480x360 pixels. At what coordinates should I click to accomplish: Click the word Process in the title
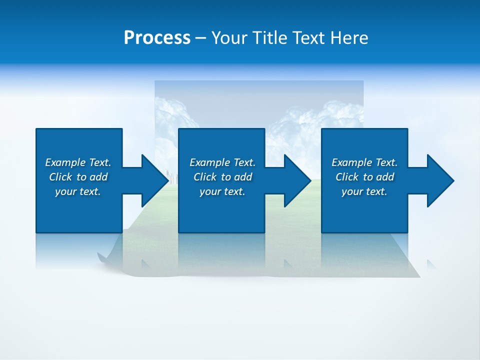pos(157,38)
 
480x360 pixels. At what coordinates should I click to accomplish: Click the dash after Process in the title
pos(200,38)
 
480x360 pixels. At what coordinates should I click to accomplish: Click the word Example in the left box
pos(65,162)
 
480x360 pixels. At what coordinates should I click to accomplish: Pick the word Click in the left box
pos(60,177)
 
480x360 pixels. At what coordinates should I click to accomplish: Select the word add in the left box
pos(98,177)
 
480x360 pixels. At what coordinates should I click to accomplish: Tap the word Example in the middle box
pos(209,162)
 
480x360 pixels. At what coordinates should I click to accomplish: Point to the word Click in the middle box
pos(205,177)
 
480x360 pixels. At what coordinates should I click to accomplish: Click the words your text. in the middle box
pos(222,191)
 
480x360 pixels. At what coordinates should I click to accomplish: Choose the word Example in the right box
pos(351,162)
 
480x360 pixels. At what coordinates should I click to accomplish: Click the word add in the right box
pos(385,177)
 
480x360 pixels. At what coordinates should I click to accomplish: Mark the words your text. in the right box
pos(364,191)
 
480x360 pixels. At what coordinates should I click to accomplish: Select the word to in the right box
pos(368,177)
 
